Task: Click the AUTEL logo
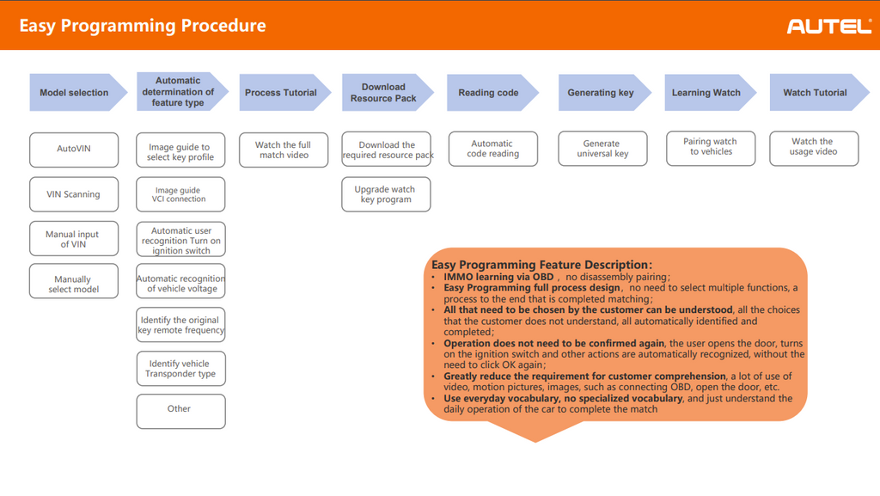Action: (829, 26)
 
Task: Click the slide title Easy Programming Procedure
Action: (143, 26)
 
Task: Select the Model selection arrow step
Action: (78, 93)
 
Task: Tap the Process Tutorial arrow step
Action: (285, 93)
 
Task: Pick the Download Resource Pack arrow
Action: (388, 93)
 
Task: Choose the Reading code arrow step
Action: (492, 93)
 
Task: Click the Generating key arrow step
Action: (604, 93)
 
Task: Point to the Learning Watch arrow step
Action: (711, 93)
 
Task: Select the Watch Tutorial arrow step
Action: (819, 93)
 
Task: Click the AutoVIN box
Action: (74, 150)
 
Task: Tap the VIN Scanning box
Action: (74, 194)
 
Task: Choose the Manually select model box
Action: (74, 281)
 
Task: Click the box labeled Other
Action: (180, 411)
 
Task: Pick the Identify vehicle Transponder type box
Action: (180, 369)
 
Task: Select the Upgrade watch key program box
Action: (386, 194)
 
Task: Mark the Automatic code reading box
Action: (493, 149)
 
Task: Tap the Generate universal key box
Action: (602, 149)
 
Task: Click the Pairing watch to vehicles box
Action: (711, 148)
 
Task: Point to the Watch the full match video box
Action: (284, 150)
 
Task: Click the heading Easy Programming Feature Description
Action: (541, 265)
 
